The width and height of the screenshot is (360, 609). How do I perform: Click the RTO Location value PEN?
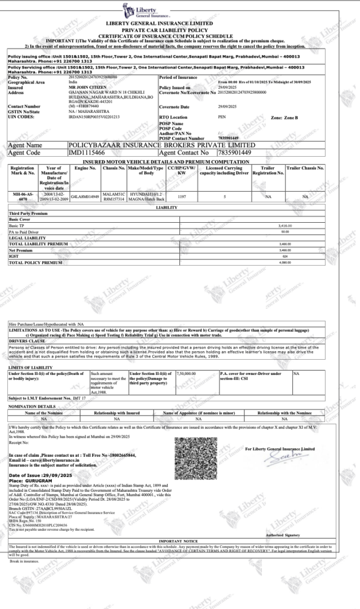[x=222, y=117]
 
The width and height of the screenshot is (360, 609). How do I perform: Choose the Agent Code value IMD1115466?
[x=87, y=152]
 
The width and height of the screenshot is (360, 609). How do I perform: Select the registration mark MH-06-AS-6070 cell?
[x=23, y=196]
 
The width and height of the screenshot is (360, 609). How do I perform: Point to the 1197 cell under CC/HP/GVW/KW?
[x=182, y=197]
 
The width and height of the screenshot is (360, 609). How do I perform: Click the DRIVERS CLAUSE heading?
[x=27, y=341]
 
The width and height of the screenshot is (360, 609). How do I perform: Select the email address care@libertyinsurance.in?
[x=54, y=460]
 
